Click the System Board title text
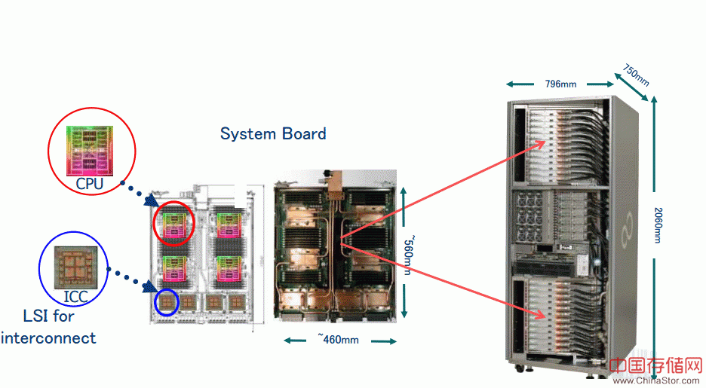click(273, 134)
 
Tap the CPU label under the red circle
click(89, 184)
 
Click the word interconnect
click(49, 338)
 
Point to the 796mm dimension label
click(561, 84)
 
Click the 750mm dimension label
click(636, 75)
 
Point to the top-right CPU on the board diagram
click(229, 224)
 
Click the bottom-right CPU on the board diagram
click(229, 267)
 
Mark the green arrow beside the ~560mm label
click(405, 203)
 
